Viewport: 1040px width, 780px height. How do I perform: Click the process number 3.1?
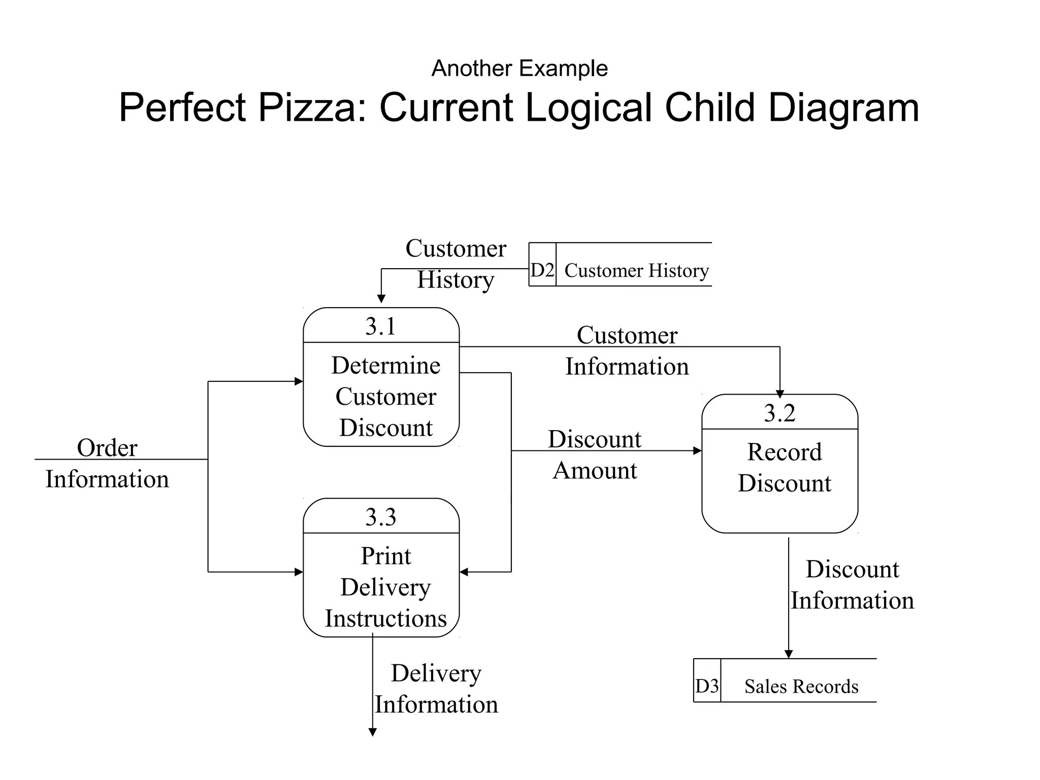pyautogui.click(x=380, y=326)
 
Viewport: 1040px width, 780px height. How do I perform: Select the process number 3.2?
pyautogui.click(x=779, y=413)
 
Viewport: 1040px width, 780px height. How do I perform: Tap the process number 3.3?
pyautogui.click(x=380, y=517)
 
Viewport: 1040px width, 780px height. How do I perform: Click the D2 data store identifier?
pyautogui.click(x=542, y=270)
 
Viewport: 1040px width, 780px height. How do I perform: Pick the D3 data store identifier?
pyautogui.click(x=707, y=686)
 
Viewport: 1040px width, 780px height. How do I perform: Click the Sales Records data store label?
pyautogui.click(x=801, y=687)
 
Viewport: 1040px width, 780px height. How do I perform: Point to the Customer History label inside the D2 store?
pyautogui.click(x=636, y=271)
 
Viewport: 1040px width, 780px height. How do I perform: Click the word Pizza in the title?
pyautogui.click(x=312, y=107)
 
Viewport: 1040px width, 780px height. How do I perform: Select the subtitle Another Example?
pyautogui.click(x=519, y=68)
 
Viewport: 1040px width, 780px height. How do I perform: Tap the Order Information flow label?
pyautogui.click(x=107, y=463)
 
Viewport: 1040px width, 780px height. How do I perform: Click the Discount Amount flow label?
pyautogui.click(x=595, y=454)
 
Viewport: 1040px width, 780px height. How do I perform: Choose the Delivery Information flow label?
pyautogui.click(x=436, y=689)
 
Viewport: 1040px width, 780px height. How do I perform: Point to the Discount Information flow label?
pyautogui.click(x=852, y=584)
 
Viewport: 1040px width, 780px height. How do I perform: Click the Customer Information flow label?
pyautogui.click(x=627, y=350)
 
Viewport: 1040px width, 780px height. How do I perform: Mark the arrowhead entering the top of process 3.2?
pyautogui.click(x=780, y=394)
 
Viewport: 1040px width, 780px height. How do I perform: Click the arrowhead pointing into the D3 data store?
pyautogui.click(x=789, y=654)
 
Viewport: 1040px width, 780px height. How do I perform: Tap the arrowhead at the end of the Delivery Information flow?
pyautogui.click(x=372, y=732)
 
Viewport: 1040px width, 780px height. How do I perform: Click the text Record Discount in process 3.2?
pyautogui.click(x=785, y=467)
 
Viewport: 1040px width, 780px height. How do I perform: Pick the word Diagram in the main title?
pyautogui.click(x=843, y=107)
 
